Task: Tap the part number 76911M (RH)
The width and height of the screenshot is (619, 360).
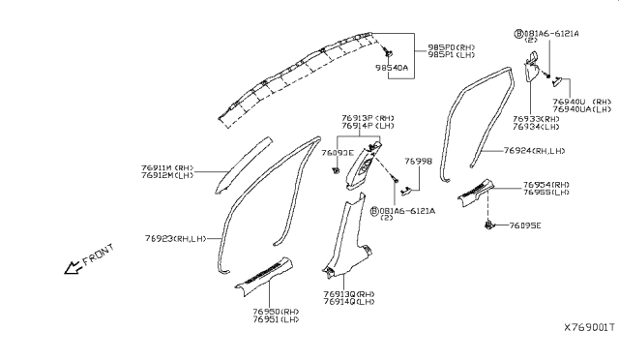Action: pos(170,166)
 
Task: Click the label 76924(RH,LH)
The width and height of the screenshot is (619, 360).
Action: pos(535,151)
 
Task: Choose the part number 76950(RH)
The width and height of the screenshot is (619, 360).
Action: pos(274,312)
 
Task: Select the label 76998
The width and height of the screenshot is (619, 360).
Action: pos(418,161)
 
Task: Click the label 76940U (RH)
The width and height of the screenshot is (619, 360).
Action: pos(582,101)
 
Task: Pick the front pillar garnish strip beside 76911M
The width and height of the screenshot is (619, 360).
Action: pos(242,160)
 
